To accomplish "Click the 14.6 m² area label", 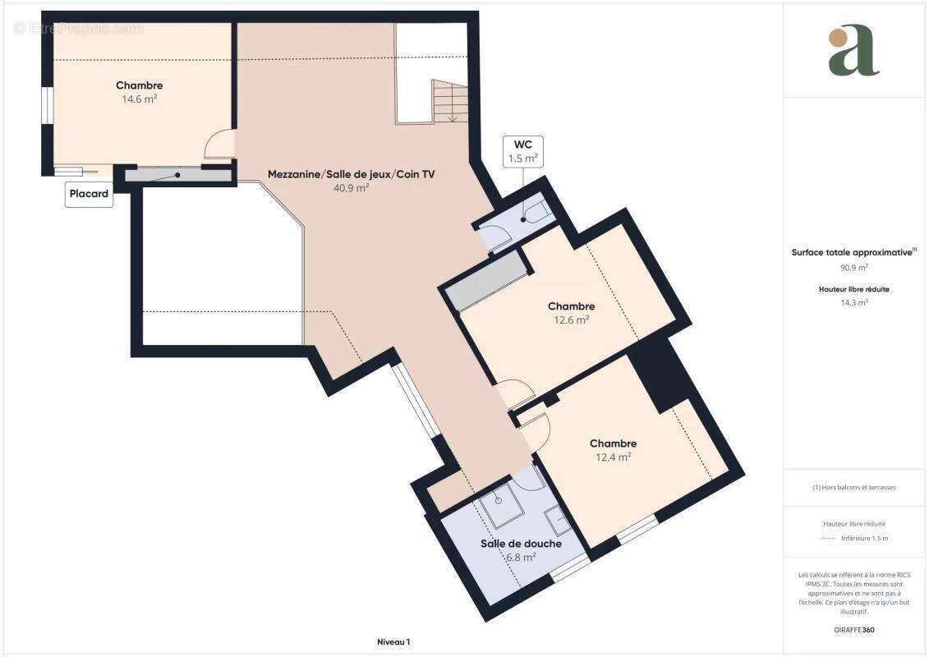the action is pos(140,99).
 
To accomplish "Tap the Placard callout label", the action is pos(89,194).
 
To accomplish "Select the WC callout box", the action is pos(522,152).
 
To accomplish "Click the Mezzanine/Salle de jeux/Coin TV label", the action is pos(352,174).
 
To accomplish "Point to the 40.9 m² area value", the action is pos(352,188).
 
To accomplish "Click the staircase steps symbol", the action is pos(449,101).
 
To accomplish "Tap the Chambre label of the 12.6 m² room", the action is pos(571,306).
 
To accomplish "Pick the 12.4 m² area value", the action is pos(614,457).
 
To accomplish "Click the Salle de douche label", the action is pos(521,544).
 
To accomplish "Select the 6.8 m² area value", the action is pos(521,558).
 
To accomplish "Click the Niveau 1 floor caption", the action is pos(393,642).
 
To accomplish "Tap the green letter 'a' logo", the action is pos(853,50).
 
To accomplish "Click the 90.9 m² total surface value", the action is pos(853,268).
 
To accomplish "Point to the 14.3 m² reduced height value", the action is pos(853,303).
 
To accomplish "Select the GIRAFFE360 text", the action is pos(853,630).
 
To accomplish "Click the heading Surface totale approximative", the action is pos(852,252).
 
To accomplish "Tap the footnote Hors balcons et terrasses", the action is pos(853,488).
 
